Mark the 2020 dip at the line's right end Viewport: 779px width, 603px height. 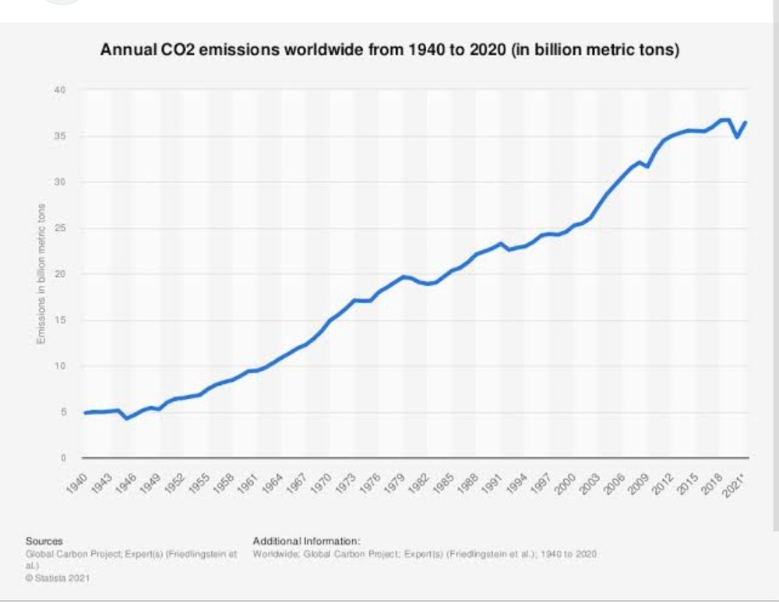(x=737, y=137)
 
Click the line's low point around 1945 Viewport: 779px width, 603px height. (x=127, y=418)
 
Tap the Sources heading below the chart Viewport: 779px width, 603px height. (x=44, y=540)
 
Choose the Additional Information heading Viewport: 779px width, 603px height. (x=306, y=540)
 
